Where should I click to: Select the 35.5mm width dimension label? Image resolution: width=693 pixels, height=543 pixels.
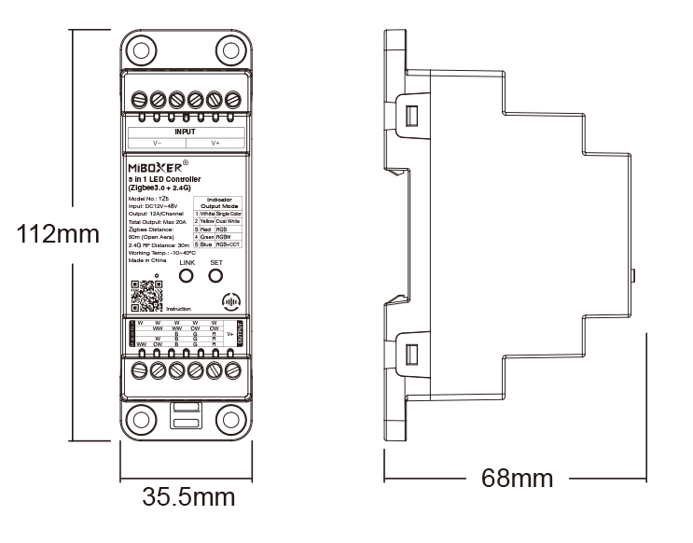187,496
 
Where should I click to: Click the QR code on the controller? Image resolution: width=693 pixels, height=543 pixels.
147,296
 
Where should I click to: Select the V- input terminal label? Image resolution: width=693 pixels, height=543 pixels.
157,143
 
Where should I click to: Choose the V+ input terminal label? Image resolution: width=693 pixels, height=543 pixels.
215,143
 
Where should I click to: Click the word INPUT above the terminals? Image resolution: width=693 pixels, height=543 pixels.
186,132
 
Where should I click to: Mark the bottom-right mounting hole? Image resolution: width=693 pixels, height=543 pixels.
230,420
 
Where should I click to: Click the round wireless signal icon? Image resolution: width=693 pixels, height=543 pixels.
231,302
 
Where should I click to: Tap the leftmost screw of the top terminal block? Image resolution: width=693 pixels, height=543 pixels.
138,98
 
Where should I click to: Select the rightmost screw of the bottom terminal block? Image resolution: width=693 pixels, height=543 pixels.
232,370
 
